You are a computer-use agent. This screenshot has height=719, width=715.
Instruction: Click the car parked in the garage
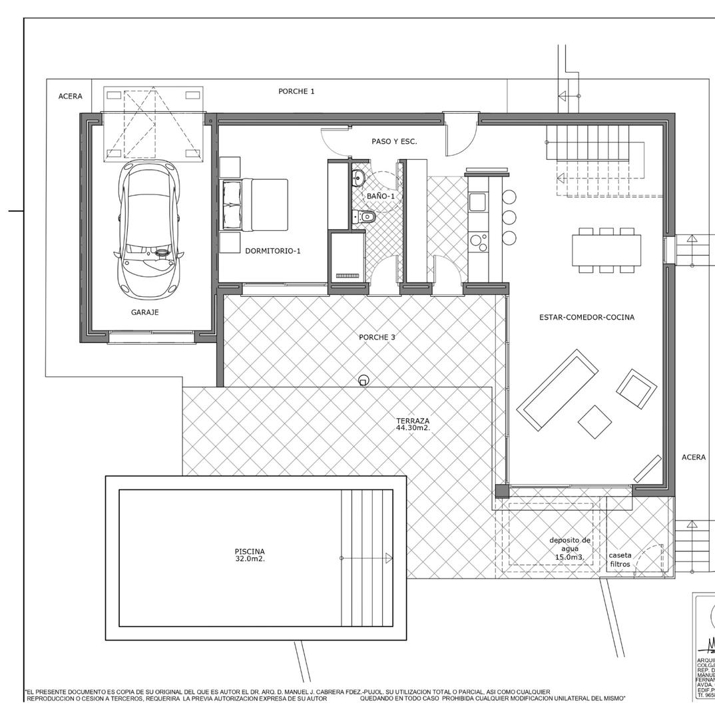point(149,229)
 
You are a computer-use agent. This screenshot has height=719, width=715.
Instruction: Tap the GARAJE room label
point(144,312)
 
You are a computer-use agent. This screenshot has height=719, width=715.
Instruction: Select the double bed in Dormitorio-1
point(255,204)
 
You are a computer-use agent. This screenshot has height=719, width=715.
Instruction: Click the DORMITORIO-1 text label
point(273,251)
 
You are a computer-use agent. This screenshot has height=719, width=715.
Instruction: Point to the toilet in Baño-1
point(366,217)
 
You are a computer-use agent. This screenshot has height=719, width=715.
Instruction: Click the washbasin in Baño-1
point(357,177)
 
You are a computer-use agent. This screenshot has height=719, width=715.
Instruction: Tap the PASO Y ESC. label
point(394,141)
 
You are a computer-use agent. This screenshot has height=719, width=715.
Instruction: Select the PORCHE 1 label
point(296,91)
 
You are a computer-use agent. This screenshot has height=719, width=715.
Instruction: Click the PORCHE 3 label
point(377,338)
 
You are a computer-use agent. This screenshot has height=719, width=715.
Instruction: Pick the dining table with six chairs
point(606,250)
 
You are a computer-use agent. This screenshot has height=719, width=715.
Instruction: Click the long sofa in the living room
point(558,391)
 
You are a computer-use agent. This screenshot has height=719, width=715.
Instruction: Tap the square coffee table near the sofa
point(595,421)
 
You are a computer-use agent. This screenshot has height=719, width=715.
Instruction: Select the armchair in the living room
point(636,389)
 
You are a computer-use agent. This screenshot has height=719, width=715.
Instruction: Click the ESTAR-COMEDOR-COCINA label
point(587,318)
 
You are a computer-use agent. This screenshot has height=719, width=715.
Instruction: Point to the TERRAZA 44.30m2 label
point(413,424)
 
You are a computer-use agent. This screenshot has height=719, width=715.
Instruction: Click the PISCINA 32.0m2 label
point(250,555)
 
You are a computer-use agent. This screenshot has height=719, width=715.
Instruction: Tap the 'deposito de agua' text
point(569,548)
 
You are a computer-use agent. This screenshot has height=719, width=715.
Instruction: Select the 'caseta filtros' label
point(620,559)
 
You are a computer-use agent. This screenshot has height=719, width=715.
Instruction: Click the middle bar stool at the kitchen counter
point(509,217)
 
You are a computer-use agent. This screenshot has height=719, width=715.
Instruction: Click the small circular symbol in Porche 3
point(363,380)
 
